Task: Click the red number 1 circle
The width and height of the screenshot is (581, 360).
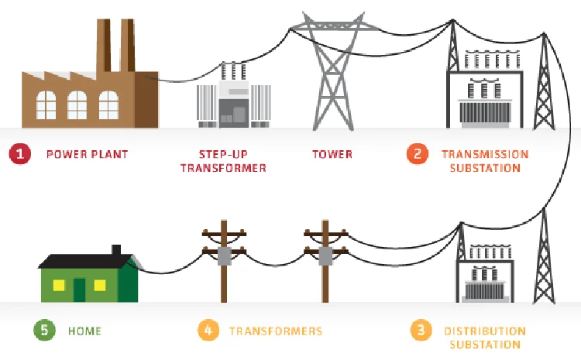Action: pyautogui.click(x=20, y=153)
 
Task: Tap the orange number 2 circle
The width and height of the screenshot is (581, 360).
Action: pyautogui.click(x=418, y=153)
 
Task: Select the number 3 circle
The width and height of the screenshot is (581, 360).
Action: pyautogui.click(x=421, y=331)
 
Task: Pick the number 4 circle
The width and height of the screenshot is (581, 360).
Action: pyautogui.click(x=207, y=331)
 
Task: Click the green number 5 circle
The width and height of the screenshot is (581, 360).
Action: pyautogui.click(x=43, y=331)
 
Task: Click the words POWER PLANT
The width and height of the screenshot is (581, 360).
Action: pyautogui.click(x=88, y=154)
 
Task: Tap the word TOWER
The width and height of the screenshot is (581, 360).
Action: pyautogui.click(x=332, y=154)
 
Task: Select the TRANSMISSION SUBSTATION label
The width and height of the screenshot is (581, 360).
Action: pyautogui.click(x=485, y=160)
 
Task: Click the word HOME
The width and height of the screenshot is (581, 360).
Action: pyautogui.click(x=84, y=331)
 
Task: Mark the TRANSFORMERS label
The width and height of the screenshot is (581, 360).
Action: pyautogui.click(x=276, y=331)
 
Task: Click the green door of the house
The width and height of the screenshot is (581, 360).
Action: pyautogui.click(x=79, y=289)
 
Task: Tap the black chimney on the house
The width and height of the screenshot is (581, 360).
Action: pyautogui.click(x=116, y=251)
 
